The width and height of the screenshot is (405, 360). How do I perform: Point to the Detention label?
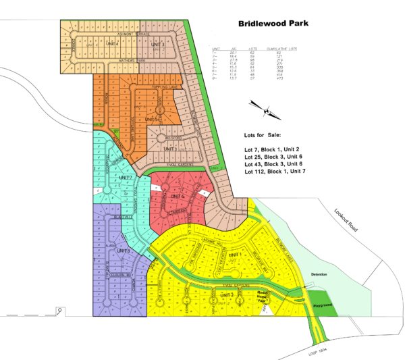pos(318,274)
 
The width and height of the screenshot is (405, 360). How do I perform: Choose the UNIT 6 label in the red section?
pos(178,196)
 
